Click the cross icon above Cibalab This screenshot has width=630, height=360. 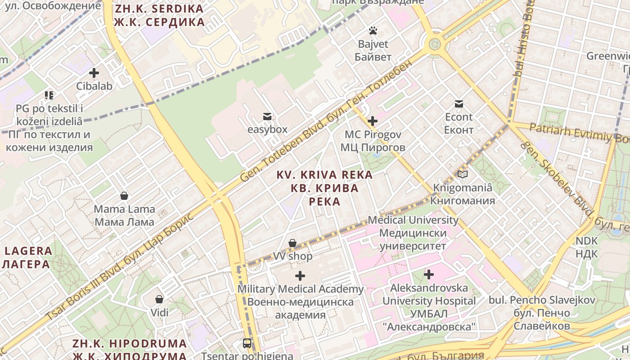coord(94,72)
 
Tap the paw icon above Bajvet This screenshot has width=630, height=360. coord(373,31)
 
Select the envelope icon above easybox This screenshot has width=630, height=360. coord(267,117)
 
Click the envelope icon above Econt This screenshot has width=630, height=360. coord(459,104)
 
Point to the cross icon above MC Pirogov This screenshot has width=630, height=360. coord(373,121)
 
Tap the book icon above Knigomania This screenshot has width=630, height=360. coord(463,174)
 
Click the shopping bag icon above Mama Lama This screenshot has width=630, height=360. coord(124,196)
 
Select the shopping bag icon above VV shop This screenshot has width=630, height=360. coord(292,243)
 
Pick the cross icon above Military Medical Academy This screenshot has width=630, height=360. coord(300,276)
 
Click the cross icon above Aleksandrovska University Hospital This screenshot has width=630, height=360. coord(429,274)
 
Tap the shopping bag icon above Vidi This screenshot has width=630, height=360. coord(159,299)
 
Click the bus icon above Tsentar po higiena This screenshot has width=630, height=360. coord(247,343)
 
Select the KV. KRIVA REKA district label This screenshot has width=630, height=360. coord(324,188)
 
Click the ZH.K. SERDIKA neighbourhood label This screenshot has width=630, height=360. coord(159,15)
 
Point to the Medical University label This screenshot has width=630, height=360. coord(413,233)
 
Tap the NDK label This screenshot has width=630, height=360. coord(586,247)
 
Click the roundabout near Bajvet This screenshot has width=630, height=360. coord(434,44)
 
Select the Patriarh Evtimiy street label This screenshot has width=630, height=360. coord(579,134)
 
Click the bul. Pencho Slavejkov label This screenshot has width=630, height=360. coord(542,313)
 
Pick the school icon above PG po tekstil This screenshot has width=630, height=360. coord(49,95)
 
